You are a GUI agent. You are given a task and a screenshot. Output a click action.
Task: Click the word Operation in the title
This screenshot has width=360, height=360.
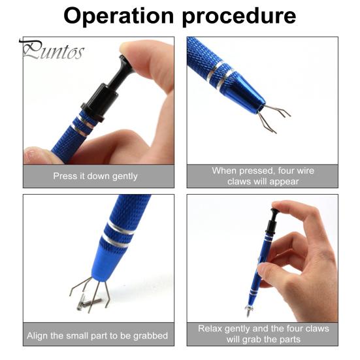pos(118,16)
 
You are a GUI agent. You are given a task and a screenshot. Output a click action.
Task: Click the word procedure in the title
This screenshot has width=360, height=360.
pos(239,17)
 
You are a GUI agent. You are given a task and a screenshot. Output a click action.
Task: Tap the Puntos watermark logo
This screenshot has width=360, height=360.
pos(52,50)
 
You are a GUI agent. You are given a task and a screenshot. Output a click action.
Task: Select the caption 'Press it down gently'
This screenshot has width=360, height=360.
pos(95,176)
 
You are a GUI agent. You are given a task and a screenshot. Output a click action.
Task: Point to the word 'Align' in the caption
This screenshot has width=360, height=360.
pos(37,336)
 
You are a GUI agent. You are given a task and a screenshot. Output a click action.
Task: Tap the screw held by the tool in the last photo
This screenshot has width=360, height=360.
pos(249,310)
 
